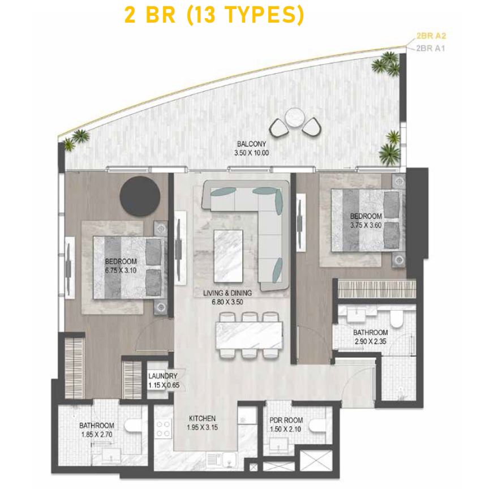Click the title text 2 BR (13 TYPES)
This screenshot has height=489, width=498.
[x=214, y=15]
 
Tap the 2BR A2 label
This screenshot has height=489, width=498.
[x=431, y=36]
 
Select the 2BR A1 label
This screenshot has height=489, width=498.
[x=430, y=49]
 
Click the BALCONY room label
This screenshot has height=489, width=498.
[x=251, y=144]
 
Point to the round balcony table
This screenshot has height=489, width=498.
[x=295, y=118]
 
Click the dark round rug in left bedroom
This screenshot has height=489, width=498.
[x=140, y=196]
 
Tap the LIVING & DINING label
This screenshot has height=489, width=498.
[x=227, y=293]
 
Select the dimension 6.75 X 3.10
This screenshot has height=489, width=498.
[x=121, y=271]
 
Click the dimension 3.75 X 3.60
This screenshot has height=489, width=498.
[x=366, y=225]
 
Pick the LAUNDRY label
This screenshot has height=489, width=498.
[x=162, y=376]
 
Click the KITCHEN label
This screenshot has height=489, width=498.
[x=203, y=418]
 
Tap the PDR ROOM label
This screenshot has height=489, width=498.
[x=286, y=420]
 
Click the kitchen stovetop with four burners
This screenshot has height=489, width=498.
[x=164, y=428]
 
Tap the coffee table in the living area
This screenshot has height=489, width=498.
[x=229, y=256]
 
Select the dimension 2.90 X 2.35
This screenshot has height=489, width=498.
[x=370, y=342]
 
